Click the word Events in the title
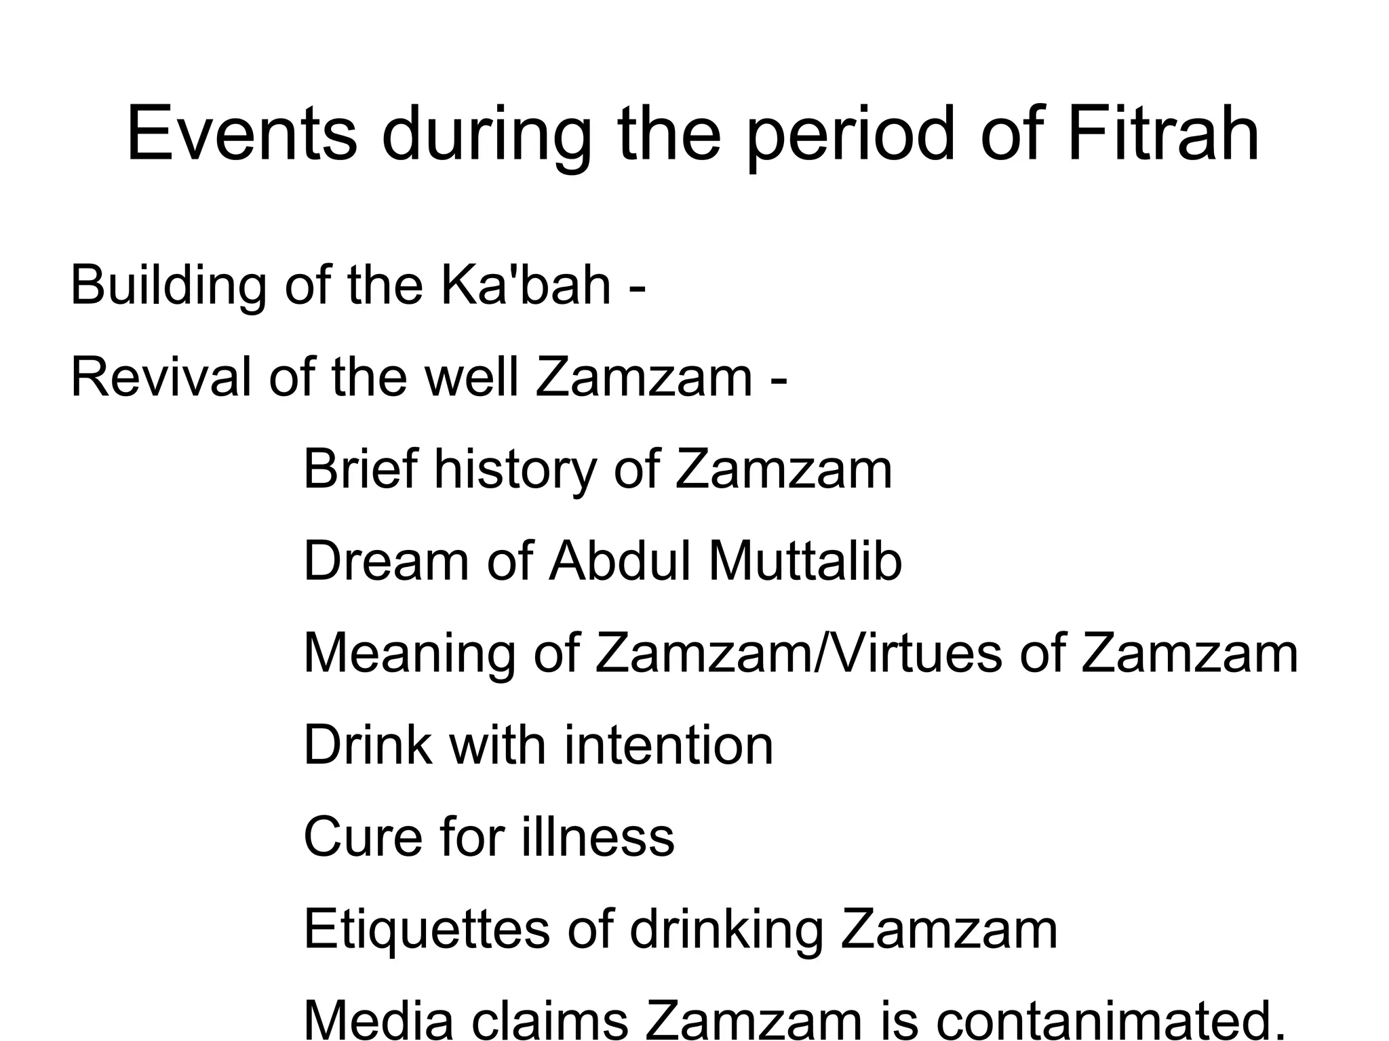(x=241, y=133)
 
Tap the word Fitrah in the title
(x=1163, y=133)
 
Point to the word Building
(x=168, y=285)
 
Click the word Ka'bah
(x=526, y=285)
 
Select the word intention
(x=668, y=745)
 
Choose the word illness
(x=598, y=837)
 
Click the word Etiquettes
(x=426, y=929)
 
